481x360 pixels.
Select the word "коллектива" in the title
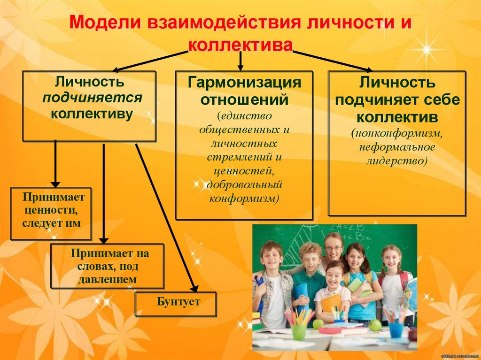(x=240, y=45)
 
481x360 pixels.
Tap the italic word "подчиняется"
(x=92, y=98)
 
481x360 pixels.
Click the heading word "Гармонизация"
(x=244, y=83)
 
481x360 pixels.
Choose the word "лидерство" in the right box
(x=397, y=161)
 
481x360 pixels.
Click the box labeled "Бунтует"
(x=176, y=303)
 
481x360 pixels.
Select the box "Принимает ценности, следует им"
(x=51, y=214)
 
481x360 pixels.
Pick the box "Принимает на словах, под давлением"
(x=108, y=266)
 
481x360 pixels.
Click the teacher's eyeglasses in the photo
(x=333, y=248)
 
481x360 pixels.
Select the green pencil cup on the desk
(x=299, y=331)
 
